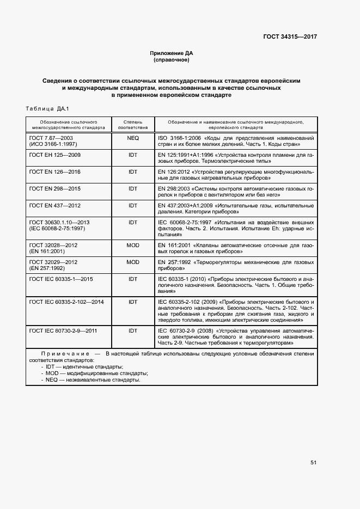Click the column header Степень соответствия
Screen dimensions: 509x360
(133, 125)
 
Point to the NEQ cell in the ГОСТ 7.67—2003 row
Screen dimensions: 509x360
(133, 138)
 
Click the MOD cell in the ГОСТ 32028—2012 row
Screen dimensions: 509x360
(133, 246)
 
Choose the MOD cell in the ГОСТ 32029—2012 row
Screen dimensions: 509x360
(133, 262)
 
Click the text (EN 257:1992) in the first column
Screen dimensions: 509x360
(47, 269)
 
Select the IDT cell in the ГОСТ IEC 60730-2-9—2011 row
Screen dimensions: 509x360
(133, 330)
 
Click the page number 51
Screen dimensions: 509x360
(313, 462)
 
